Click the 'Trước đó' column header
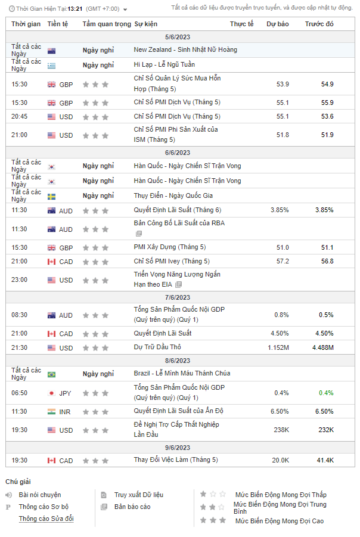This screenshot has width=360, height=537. coord(319,24)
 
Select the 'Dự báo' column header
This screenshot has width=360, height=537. coord(277,24)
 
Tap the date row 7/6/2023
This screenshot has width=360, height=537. coord(178,297)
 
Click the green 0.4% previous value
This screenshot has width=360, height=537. coord(326,393)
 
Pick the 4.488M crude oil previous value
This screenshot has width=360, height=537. coord(323,347)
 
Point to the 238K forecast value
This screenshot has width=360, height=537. coord(281,430)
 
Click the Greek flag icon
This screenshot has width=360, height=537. coord(51,66)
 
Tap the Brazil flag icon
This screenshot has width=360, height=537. coord(51,375)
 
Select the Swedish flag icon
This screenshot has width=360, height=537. coord(51,197)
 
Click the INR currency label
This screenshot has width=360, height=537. coord(65,412)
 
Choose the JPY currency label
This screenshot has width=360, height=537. coord(65,393)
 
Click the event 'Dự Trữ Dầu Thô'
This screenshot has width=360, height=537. coord(157,347)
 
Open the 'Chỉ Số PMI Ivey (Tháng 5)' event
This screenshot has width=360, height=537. coord(172,261)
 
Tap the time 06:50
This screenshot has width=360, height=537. coord(19,393)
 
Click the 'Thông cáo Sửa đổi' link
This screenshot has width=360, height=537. coord(46,519)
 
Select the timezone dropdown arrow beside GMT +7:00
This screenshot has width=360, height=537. coord(125,10)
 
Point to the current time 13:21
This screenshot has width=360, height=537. coord(75,8)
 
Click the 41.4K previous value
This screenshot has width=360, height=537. coord(325,460)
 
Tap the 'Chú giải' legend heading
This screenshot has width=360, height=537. coord(18,482)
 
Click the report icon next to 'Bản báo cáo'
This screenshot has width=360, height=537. coord(104,507)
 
